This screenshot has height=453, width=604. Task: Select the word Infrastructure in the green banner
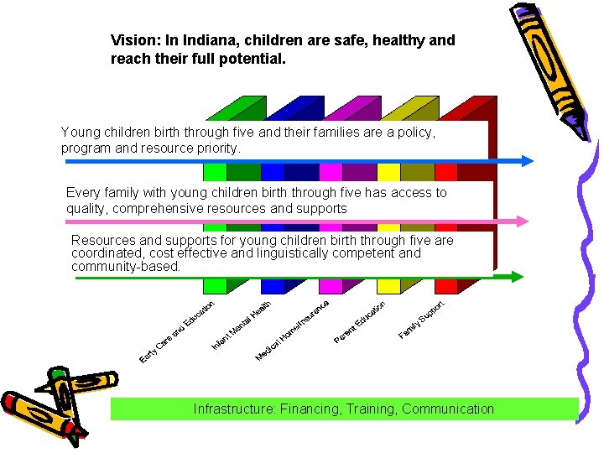(234, 409)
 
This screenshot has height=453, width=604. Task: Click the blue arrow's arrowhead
(527, 161)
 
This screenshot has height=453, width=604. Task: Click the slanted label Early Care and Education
(177, 333)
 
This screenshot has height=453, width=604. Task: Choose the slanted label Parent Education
(359, 322)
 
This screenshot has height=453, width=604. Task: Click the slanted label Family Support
(420, 320)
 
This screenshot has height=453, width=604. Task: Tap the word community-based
(126, 267)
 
